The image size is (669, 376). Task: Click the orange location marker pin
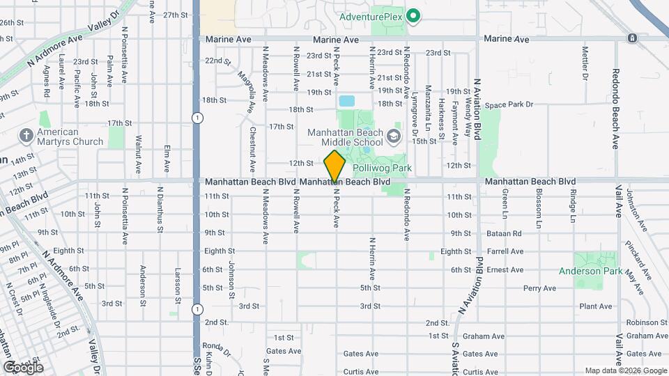pyautogui.click(x=335, y=166)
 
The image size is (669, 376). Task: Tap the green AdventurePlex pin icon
pyautogui.click(x=413, y=15)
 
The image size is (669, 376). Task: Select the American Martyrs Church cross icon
pyautogui.click(x=26, y=135)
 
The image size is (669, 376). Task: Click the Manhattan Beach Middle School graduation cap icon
pyautogui.click(x=394, y=135)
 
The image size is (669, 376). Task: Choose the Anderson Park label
pyautogui.click(x=589, y=271)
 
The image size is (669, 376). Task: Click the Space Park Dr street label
pyautogui.click(x=509, y=105)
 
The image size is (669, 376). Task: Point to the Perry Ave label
pyautogui.click(x=539, y=288)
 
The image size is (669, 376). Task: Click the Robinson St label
pyautogui.click(x=647, y=322)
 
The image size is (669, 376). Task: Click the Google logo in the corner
pyautogui.click(x=22, y=367)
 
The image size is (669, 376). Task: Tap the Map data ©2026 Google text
pyautogui.click(x=625, y=370)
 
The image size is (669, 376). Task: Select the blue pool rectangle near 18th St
pyautogui.click(x=346, y=101)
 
